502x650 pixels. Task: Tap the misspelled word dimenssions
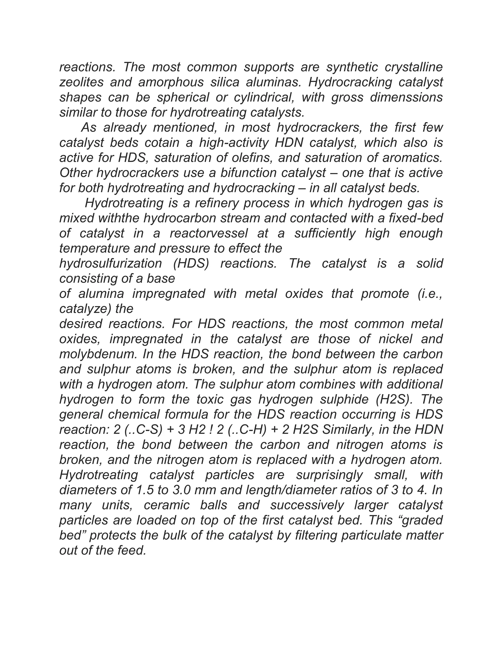point(406,98)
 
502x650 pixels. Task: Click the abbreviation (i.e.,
point(427,294)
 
